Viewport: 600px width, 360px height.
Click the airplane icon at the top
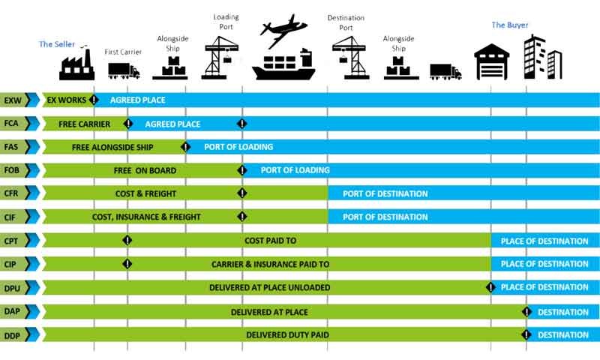click(x=283, y=31)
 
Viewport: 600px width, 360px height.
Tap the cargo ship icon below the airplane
click(x=283, y=64)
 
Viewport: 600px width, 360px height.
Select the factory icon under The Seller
click(x=77, y=65)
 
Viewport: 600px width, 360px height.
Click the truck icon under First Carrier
click(x=124, y=70)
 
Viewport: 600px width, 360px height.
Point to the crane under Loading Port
click(x=220, y=58)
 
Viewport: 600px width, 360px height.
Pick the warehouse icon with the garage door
click(x=492, y=62)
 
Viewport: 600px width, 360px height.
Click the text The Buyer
click(x=510, y=25)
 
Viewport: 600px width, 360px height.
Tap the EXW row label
click(x=13, y=100)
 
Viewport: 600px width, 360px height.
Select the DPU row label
click(x=12, y=288)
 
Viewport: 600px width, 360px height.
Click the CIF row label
click(x=10, y=217)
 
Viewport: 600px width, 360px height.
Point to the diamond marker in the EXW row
click(x=93, y=100)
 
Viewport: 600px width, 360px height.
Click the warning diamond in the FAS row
click(x=185, y=146)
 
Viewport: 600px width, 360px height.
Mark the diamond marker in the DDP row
click(x=526, y=334)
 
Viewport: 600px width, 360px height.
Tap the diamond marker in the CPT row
click(x=127, y=240)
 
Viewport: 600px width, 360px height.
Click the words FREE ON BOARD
click(x=145, y=171)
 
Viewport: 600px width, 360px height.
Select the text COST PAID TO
click(x=271, y=241)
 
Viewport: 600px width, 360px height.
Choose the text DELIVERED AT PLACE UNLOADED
click(x=270, y=288)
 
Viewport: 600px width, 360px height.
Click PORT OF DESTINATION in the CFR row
click(x=385, y=194)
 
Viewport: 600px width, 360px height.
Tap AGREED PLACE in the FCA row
click(x=173, y=124)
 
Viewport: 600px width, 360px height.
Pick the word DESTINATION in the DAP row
click(x=563, y=313)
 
